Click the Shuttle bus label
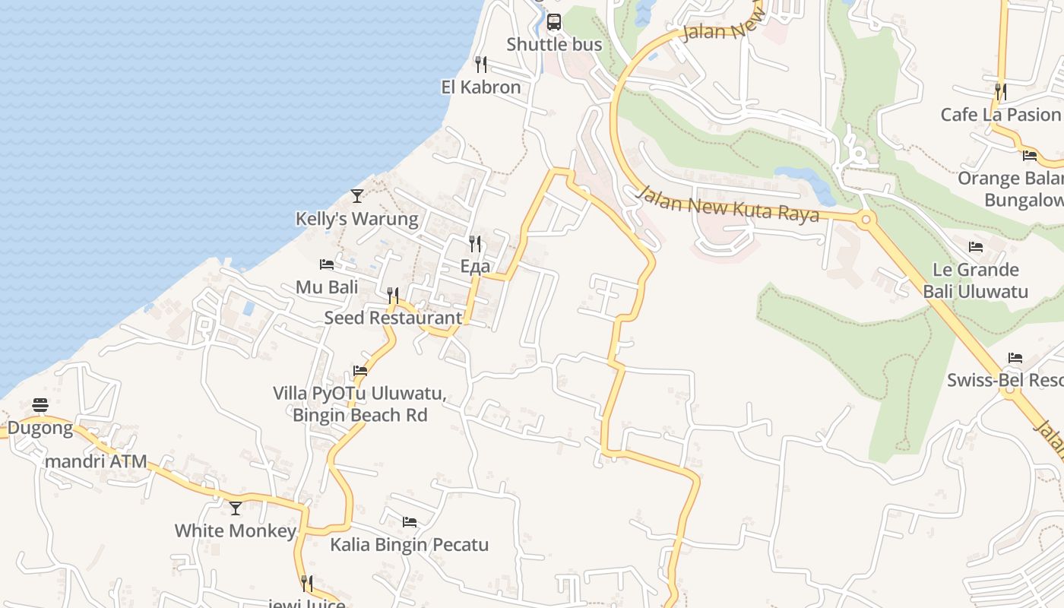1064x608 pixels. pos(554,45)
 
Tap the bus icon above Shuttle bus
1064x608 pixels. pos(554,21)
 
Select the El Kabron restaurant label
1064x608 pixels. pos(481,87)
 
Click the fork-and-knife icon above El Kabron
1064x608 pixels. pos(480,64)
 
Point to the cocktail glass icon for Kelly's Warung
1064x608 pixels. pos(357,196)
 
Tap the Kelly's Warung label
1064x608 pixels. pos(356,220)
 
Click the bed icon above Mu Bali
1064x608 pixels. pos(327,264)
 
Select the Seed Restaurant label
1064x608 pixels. pos(393,318)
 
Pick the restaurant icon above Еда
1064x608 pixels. pos(475,243)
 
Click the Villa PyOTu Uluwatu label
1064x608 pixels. pos(359,394)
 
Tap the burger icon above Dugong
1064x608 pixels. pos(40,405)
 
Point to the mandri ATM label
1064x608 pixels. pos(96,461)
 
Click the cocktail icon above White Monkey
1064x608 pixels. pos(236,508)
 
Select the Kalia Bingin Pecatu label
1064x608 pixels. pos(409,545)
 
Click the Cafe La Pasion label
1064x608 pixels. pos(1000,115)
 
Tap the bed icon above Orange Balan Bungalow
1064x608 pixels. pos(1030,155)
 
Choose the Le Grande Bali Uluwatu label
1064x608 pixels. pos(975,280)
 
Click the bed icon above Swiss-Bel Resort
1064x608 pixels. pos(1015,357)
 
